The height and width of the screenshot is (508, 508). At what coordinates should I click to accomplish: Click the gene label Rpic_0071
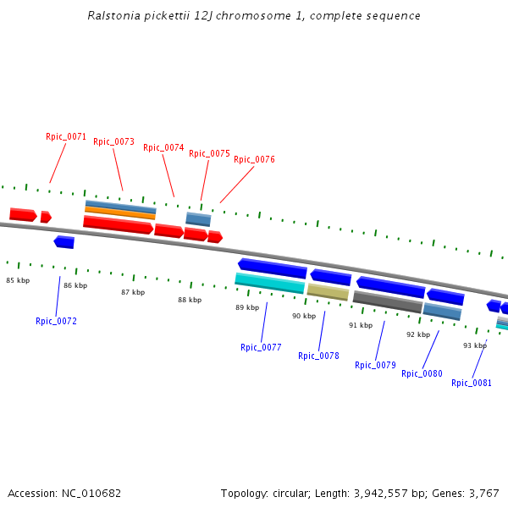click(x=66, y=136)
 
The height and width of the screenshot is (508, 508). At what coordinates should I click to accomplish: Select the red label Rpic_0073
click(x=113, y=142)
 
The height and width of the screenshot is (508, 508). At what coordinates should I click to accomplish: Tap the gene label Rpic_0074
click(x=163, y=147)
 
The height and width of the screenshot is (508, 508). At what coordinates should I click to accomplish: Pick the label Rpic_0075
click(x=209, y=154)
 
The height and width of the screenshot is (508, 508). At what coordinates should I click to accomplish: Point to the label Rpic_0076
click(x=254, y=159)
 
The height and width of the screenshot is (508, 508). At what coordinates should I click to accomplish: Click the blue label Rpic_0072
click(x=56, y=321)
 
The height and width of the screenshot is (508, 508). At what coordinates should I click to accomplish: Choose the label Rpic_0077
click(x=261, y=347)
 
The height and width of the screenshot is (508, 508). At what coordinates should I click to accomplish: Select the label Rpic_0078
click(x=318, y=356)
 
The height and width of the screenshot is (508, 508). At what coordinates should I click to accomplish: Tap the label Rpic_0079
click(x=375, y=365)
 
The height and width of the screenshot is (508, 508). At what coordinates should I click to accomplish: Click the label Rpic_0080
click(x=422, y=373)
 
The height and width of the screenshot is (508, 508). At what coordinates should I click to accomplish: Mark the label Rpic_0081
click(x=472, y=383)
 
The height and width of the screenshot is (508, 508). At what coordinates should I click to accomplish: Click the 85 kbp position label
click(x=18, y=280)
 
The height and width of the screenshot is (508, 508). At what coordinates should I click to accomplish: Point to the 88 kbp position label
click(x=190, y=300)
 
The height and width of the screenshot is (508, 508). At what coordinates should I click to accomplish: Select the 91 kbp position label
click(x=361, y=325)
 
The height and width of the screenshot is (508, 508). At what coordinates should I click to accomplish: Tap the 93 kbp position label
click(x=475, y=345)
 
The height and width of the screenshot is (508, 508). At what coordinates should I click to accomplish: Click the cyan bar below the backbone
click(x=269, y=283)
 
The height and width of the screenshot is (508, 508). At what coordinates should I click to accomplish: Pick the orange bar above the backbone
click(x=119, y=211)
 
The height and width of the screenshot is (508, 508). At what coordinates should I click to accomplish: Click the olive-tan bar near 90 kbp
click(x=328, y=292)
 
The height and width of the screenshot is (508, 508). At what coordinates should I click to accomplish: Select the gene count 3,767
click(x=482, y=493)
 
